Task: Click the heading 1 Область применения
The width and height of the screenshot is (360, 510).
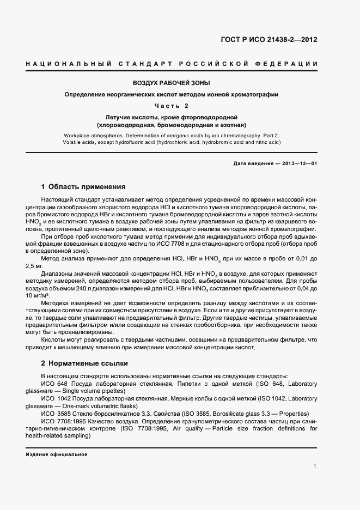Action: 83,186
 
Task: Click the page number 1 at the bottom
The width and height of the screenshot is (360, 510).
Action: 315,466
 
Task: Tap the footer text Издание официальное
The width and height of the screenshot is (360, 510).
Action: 57,454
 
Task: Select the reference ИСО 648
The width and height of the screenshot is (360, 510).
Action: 51,384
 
